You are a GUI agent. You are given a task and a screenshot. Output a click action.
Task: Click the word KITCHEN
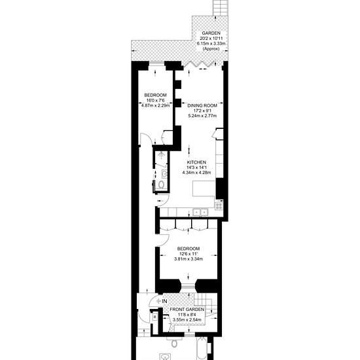tap(196, 162)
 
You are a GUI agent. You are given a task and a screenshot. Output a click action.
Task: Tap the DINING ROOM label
tap(202, 105)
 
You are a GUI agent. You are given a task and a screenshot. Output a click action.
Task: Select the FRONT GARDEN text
tap(187, 310)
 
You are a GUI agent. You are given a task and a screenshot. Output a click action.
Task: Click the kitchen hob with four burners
tap(219, 206)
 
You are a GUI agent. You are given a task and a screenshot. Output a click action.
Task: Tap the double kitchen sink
tap(200, 212)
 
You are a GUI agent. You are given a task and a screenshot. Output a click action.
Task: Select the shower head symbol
tap(162, 154)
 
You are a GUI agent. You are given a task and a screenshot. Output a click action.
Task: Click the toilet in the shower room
tap(162, 185)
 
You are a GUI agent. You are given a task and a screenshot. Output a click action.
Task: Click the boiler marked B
tap(155, 317)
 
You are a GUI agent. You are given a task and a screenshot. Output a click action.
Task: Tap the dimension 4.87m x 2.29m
tap(155, 105)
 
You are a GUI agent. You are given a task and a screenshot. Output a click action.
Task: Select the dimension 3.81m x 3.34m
tap(189, 259)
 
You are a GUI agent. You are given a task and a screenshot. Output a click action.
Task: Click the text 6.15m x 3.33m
tap(211, 43)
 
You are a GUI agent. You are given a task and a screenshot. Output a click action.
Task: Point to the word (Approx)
tap(211, 48)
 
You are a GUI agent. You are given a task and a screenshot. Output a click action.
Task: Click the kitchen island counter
tap(204, 189)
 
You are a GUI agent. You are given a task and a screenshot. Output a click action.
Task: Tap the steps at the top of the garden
tap(221, 8)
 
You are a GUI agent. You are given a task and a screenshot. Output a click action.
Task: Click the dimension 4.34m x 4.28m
tap(196, 172)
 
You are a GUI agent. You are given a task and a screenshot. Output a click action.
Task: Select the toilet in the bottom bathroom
tap(175, 343)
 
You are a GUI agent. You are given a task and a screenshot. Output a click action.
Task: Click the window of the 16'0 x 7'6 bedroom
tap(156, 62)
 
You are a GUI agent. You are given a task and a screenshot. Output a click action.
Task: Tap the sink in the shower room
tap(164, 174)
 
